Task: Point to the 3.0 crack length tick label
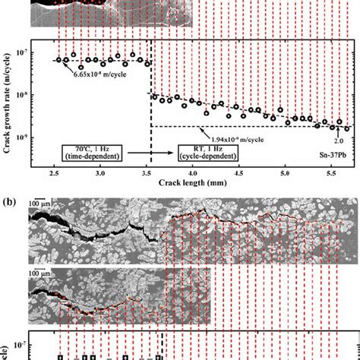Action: (x=101, y=173)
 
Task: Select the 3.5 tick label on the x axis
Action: (x=147, y=173)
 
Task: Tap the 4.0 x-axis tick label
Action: (x=194, y=173)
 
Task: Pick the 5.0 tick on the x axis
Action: (x=285, y=173)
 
